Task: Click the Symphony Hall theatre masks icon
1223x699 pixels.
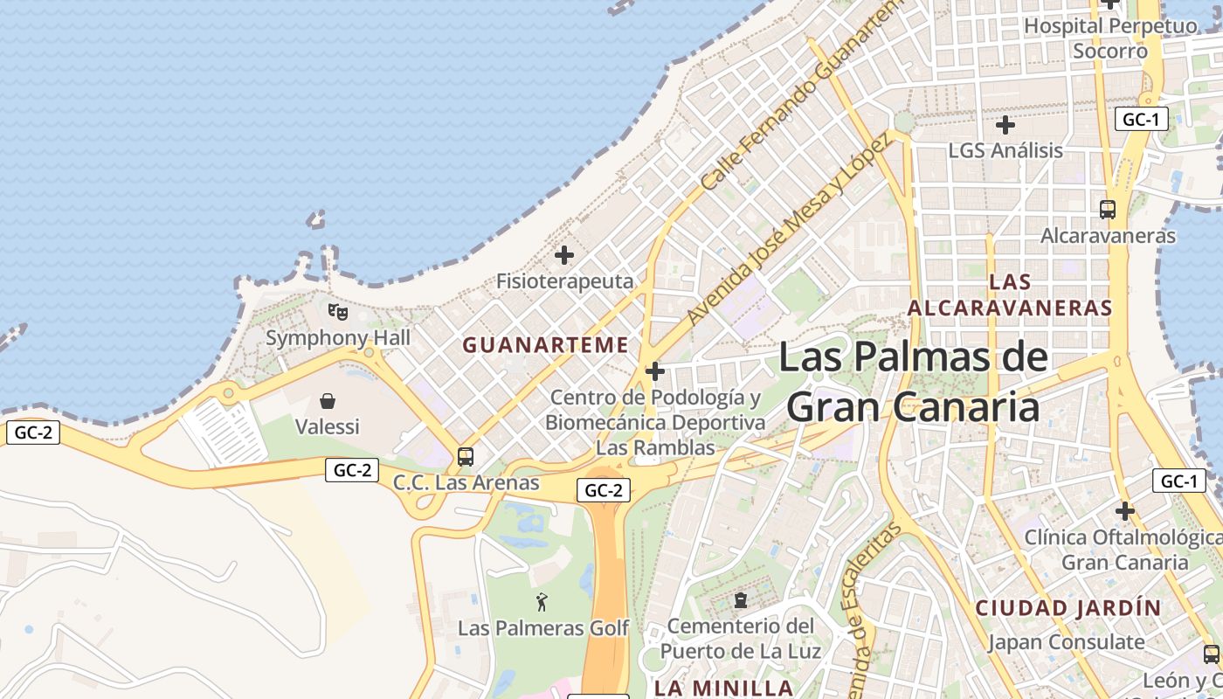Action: (x=337, y=311)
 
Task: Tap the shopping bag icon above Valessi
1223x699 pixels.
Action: (x=328, y=401)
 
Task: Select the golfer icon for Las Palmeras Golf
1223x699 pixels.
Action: (x=542, y=601)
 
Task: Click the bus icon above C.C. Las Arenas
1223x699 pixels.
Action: (x=466, y=456)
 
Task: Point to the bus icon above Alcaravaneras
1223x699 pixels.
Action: (x=1107, y=210)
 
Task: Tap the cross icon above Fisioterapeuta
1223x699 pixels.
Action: (x=564, y=255)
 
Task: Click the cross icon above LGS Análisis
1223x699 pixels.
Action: (x=1005, y=125)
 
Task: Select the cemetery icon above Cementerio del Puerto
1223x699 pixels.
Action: (x=741, y=600)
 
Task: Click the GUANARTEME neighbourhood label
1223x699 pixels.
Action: (x=545, y=345)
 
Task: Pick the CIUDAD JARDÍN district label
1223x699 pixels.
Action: (x=1068, y=608)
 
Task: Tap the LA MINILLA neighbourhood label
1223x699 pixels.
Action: (x=723, y=688)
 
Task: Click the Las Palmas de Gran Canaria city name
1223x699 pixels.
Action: (x=913, y=382)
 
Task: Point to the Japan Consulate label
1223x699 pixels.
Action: (x=1066, y=642)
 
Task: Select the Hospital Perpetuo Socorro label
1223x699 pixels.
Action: (x=1109, y=38)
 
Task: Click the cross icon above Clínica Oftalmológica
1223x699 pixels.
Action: (x=1124, y=510)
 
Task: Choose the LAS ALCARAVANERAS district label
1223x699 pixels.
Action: (x=1010, y=294)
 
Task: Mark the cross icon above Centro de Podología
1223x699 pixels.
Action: (x=654, y=371)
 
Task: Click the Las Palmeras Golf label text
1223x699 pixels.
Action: (x=543, y=628)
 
